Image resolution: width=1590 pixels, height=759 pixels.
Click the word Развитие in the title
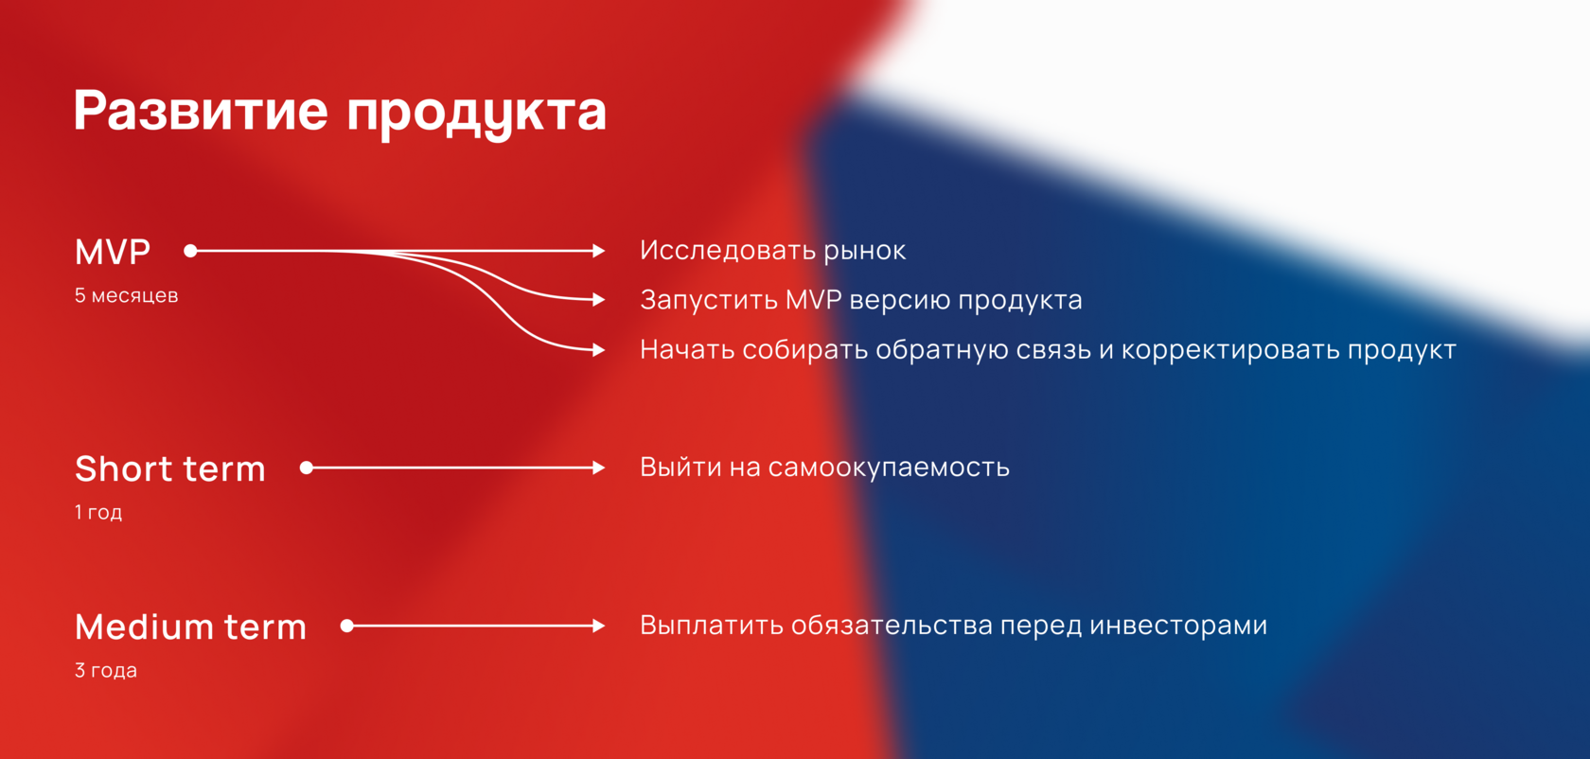click(x=201, y=111)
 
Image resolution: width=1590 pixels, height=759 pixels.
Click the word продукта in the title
click(x=477, y=114)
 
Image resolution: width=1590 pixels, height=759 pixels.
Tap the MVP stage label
click(x=112, y=252)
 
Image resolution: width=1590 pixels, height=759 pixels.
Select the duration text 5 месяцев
click(x=127, y=295)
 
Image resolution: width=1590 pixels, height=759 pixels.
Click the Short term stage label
click(x=170, y=468)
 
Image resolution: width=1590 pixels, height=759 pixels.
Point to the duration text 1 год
click(x=98, y=512)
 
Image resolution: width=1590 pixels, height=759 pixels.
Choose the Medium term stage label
click(x=190, y=627)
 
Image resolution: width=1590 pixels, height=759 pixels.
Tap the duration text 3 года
click(x=106, y=670)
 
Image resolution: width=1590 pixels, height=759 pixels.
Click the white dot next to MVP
click(x=190, y=251)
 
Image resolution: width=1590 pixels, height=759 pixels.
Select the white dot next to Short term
click(x=307, y=468)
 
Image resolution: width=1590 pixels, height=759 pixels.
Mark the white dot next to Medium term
click(x=347, y=626)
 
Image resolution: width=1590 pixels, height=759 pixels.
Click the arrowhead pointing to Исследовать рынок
click(x=599, y=251)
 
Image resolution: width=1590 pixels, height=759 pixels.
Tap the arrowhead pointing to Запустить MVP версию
click(x=599, y=300)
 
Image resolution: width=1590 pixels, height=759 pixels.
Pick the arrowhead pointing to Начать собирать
click(x=599, y=349)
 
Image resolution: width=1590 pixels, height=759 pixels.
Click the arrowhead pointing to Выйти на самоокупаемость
click(x=599, y=468)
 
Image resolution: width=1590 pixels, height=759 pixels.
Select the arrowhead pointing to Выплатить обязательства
click(x=599, y=626)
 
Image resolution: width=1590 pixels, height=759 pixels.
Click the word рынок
click(x=865, y=252)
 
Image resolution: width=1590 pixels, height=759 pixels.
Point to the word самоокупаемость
click(x=889, y=468)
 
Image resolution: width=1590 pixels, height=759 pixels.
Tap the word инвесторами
click(x=1178, y=627)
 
